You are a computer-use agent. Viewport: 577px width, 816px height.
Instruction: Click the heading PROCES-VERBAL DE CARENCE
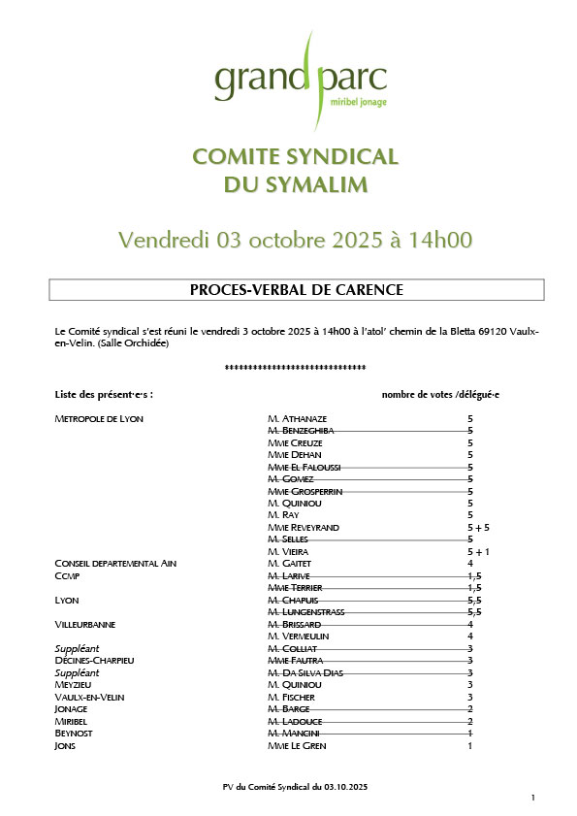click(x=296, y=289)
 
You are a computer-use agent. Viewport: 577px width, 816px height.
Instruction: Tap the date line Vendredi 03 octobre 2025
click(x=296, y=240)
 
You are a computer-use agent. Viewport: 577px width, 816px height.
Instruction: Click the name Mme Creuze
click(x=294, y=442)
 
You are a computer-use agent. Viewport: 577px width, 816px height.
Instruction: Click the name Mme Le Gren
click(x=297, y=745)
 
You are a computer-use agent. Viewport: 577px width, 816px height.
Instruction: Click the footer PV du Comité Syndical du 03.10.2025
click(x=296, y=783)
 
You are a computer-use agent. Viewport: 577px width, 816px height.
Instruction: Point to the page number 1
click(x=532, y=797)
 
